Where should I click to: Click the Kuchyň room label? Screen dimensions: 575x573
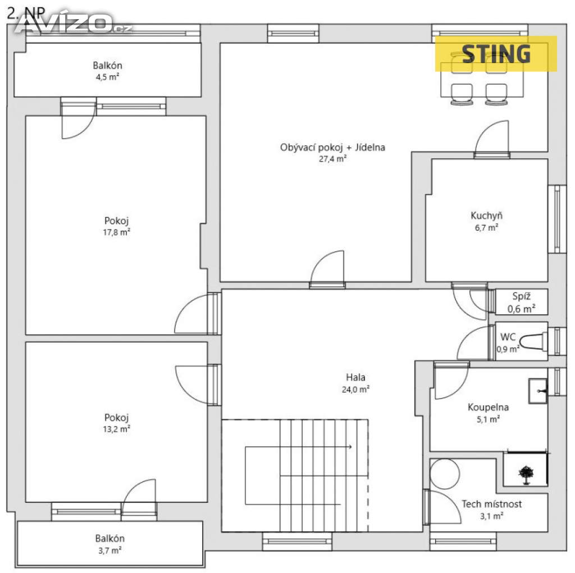coord(486,216)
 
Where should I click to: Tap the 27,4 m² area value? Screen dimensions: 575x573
coord(332,159)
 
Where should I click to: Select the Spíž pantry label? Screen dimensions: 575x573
coord(521,296)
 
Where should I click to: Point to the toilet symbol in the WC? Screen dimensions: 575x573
coord(533,342)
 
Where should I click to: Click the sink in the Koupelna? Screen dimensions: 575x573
coord(538,391)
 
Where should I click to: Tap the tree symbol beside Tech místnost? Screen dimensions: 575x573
coord(526,475)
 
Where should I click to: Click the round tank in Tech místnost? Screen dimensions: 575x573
coord(445,474)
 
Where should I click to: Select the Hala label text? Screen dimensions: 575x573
coord(355,377)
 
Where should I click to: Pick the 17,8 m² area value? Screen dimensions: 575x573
coord(117,232)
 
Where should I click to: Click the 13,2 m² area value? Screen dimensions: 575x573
coord(117,429)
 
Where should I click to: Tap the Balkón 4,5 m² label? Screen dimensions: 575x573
coord(107,71)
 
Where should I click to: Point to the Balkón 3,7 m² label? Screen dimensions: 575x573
coord(109,544)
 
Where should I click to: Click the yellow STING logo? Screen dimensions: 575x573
coord(496,54)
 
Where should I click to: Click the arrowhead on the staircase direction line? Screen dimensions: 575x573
coord(350,447)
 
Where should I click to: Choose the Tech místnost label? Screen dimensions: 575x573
coord(491,504)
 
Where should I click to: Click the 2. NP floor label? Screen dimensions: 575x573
coord(26,13)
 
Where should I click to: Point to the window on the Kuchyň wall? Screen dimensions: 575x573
coord(557,219)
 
